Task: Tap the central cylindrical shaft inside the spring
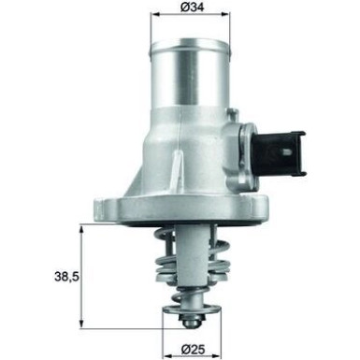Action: click(x=196, y=262)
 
